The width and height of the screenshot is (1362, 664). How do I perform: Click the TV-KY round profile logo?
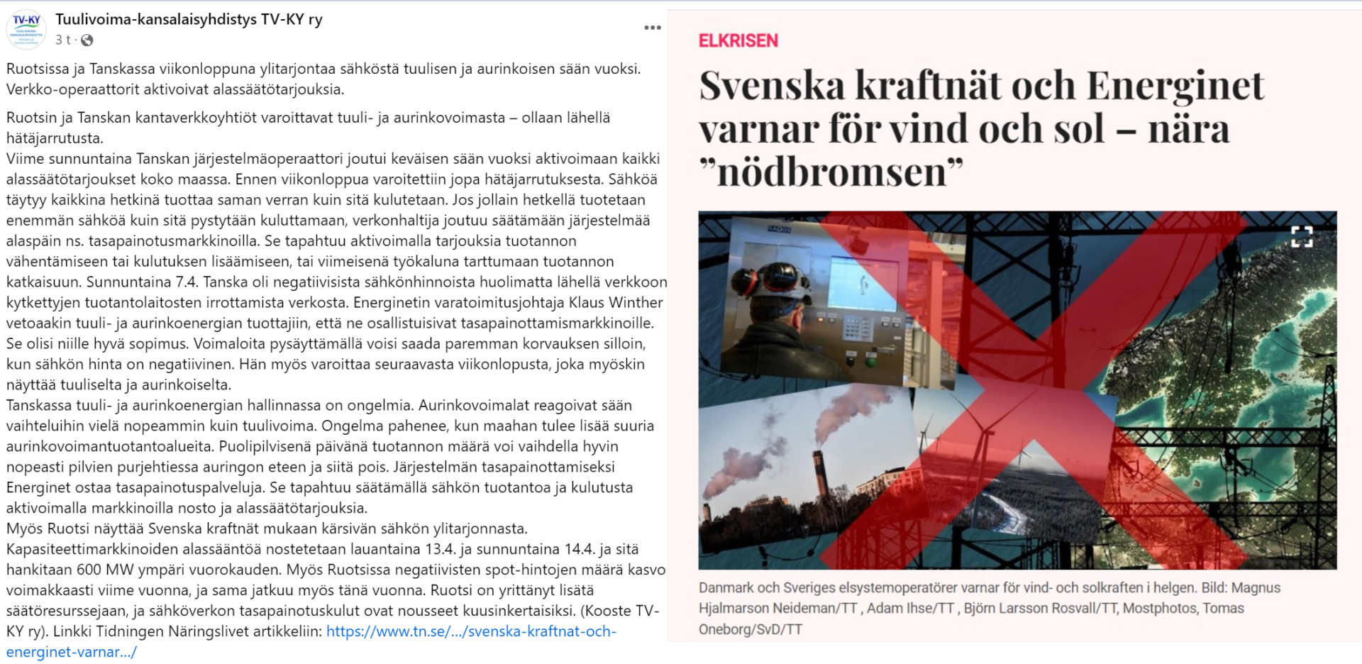pos(26,30)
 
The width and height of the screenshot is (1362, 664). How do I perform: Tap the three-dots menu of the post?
pos(652,28)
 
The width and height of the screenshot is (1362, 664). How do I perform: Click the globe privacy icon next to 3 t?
pos(87,40)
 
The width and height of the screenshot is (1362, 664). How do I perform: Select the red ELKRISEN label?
pos(738,41)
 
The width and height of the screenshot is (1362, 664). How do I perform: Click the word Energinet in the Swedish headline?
pos(1175,86)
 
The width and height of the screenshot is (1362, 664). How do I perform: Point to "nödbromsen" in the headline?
pos(831,172)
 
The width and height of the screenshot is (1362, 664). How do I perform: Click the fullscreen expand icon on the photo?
pos(1301,236)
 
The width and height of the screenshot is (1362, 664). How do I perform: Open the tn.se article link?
pos(471,631)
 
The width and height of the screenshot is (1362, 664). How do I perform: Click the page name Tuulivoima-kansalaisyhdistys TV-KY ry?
pos(189,19)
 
